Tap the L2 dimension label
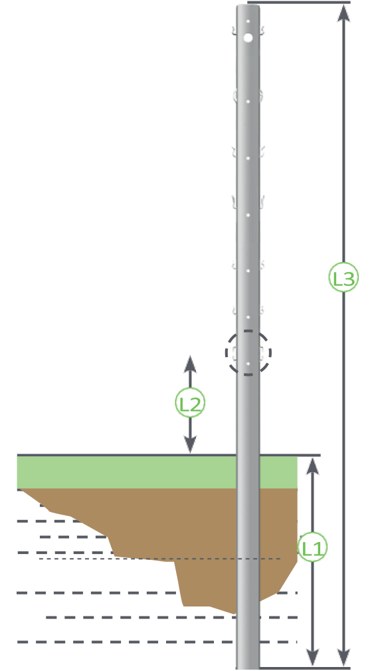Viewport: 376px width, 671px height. (190, 403)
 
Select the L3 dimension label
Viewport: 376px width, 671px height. (343, 278)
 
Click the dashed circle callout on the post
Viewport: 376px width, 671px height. (248, 352)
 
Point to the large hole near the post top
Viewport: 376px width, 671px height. (248, 38)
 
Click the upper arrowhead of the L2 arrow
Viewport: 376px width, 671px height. (190, 364)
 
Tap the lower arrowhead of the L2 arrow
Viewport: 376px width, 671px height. (190, 444)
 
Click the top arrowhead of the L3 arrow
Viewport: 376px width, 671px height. (343, 13)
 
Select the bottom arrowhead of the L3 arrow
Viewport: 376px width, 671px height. (343, 658)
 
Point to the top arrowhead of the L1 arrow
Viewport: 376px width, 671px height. (313, 466)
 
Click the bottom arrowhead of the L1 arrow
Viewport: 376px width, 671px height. (313, 658)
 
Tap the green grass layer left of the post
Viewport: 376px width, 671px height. (126, 472)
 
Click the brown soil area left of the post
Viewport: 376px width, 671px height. (171, 526)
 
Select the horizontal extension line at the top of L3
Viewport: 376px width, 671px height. (299, 3)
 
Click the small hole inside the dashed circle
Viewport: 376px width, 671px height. (248, 364)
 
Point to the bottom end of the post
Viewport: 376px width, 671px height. (248, 668)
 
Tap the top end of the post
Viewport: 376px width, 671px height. (248, 5)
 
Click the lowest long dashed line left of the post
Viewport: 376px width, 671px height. (126, 642)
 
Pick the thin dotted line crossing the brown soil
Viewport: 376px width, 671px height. (159, 559)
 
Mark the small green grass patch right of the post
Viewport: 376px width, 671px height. (278, 472)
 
